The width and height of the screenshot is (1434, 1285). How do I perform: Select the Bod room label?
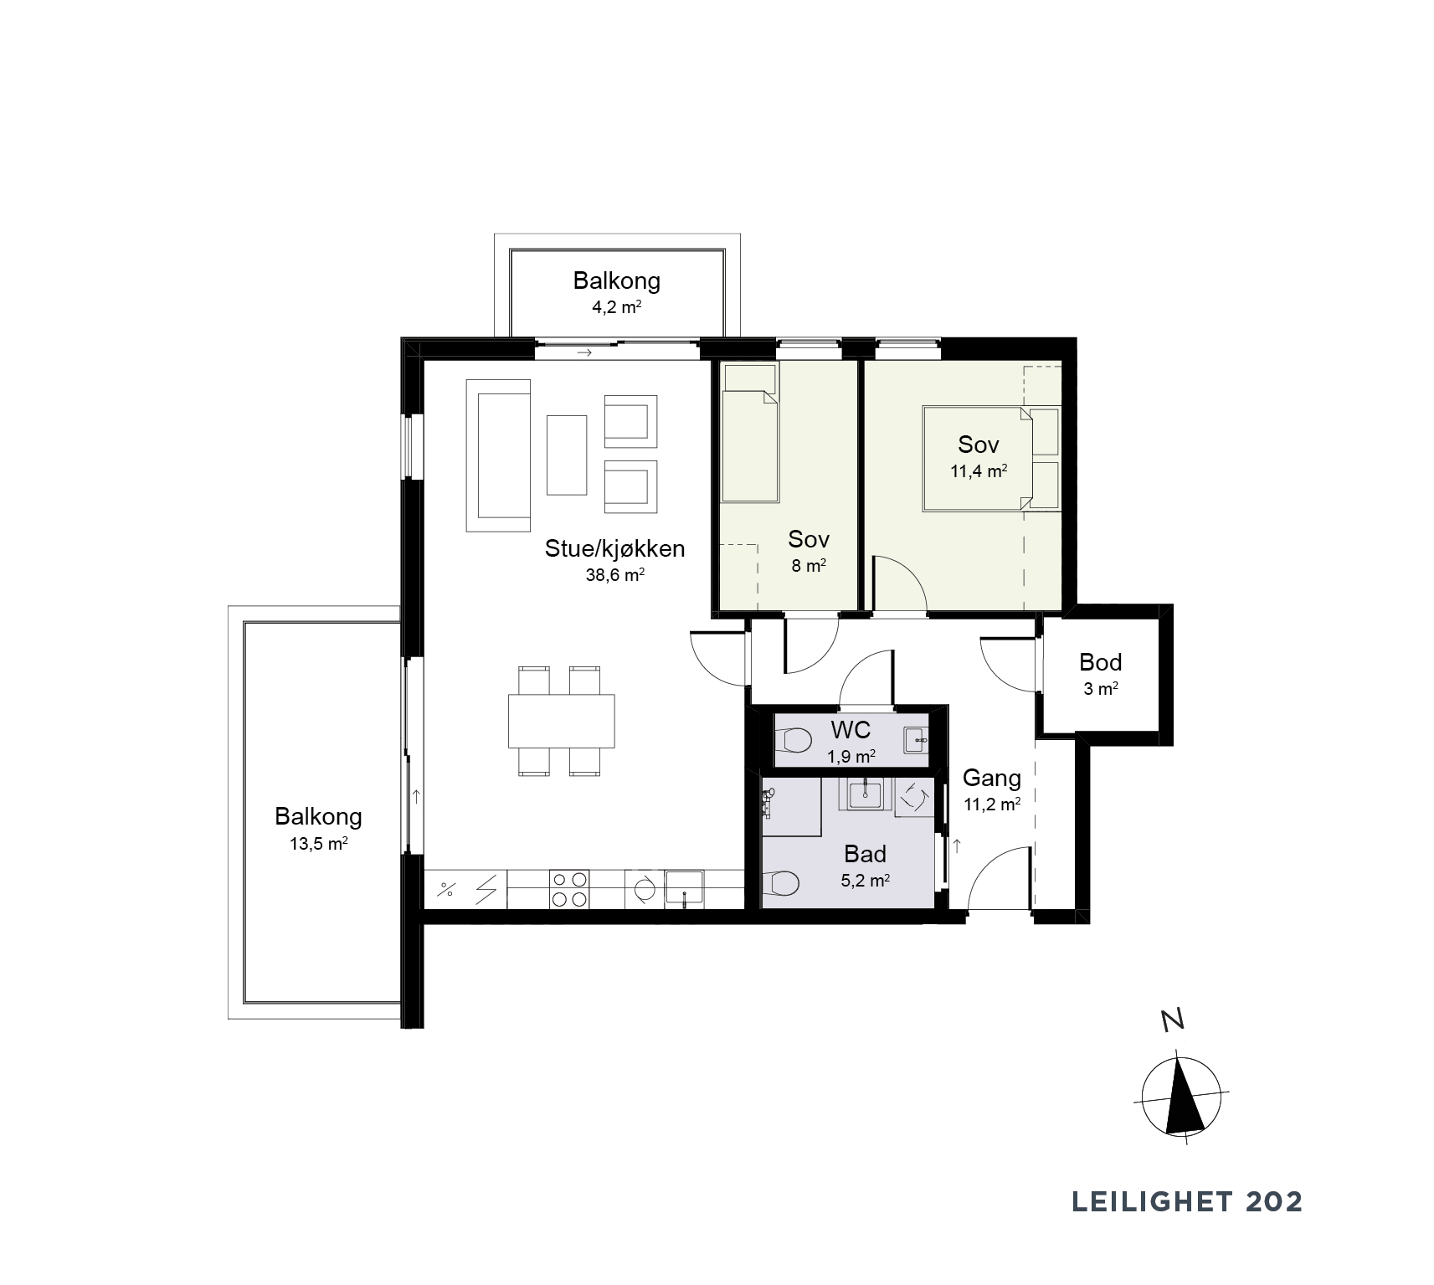coord(1100,662)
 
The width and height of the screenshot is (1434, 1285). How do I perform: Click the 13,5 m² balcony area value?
coord(318,843)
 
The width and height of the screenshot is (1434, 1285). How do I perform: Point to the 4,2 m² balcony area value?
coord(617,306)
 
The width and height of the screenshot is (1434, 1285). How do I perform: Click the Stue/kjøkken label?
coord(614,548)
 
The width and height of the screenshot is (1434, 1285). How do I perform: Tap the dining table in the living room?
coord(562,721)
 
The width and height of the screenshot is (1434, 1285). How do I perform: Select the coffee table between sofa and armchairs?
coord(568,455)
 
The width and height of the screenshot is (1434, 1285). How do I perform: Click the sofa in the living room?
coord(499,455)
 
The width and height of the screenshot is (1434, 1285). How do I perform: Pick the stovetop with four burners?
coord(568,889)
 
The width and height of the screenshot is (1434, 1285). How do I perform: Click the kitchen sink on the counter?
coord(685,889)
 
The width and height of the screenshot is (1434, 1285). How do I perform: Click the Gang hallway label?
coord(992,778)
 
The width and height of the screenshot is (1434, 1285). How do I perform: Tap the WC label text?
coord(851,730)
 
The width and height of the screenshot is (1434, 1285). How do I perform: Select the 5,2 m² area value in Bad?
coord(866,880)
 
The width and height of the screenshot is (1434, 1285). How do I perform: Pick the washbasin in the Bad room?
coord(866,793)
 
